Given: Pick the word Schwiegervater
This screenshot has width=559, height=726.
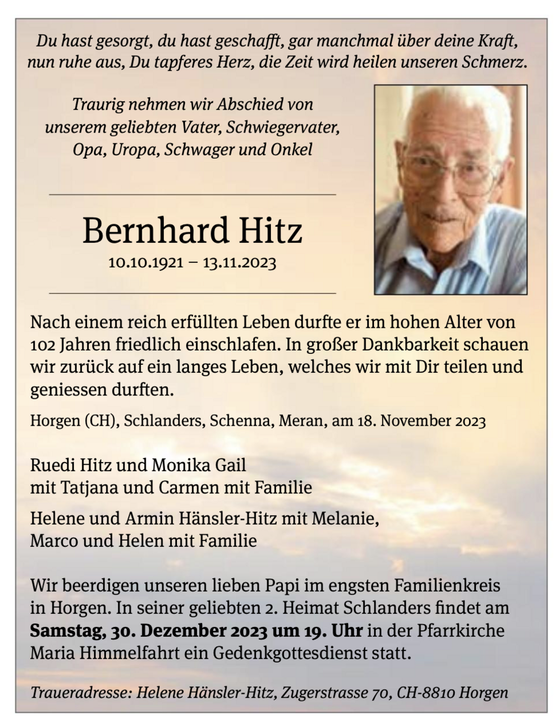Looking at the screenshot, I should tap(282, 127).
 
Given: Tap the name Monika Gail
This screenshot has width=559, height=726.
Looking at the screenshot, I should tap(199, 465).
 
